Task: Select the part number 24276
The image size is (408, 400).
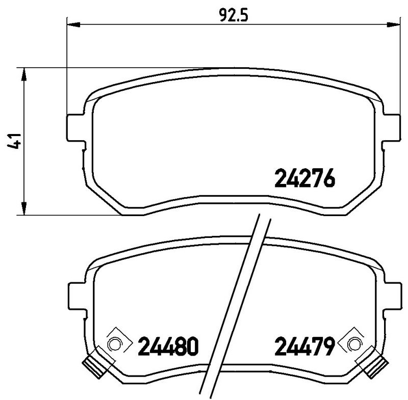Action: click(x=304, y=178)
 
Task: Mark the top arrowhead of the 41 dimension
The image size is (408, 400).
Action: click(x=23, y=73)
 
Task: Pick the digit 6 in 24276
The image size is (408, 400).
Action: click(x=329, y=178)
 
